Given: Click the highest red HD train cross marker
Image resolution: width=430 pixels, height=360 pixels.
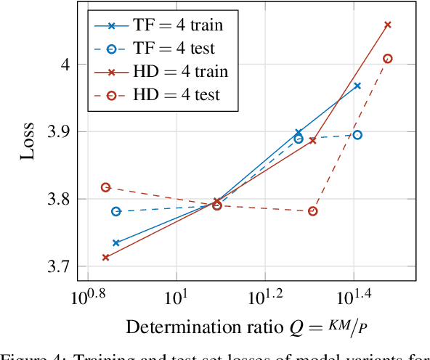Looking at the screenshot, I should point(387,25).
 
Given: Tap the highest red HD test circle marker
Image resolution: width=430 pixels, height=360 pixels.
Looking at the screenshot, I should point(387,59).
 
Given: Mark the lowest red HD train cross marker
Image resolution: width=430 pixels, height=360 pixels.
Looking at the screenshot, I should point(105,257).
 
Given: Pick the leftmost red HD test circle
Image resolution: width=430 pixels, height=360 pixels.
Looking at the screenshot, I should point(105,187).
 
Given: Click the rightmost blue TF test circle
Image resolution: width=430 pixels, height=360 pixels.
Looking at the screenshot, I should point(357,135).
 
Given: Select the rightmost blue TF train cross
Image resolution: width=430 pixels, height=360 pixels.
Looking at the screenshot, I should point(357,86).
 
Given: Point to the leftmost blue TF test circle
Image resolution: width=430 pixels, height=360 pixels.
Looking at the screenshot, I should point(115,211).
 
